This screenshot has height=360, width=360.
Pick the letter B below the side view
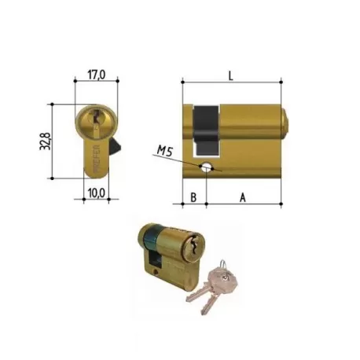[193, 197]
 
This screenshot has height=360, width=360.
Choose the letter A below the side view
[243, 197]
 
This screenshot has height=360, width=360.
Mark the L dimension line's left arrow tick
[182, 81]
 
